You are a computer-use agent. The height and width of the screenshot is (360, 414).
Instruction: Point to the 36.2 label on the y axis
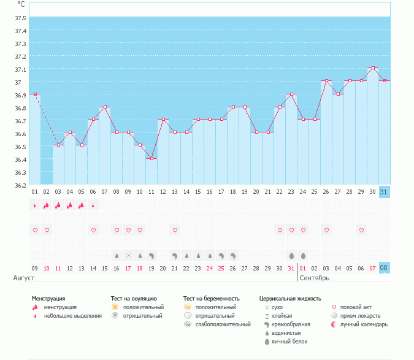[x=20, y=185]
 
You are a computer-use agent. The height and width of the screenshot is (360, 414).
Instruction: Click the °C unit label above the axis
[x=21, y=4]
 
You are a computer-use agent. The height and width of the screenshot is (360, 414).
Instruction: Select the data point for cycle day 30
[x=373, y=68]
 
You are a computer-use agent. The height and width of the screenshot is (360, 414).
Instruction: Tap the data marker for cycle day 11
[x=151, y=158]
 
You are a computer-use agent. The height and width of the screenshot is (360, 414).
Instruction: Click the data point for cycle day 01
[x=35, y=94]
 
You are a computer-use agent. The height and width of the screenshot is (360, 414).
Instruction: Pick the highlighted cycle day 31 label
[x=385, y=192]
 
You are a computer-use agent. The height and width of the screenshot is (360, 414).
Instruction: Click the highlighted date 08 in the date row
[x=385, y=268]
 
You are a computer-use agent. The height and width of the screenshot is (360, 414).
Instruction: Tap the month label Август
[x=24, y=278]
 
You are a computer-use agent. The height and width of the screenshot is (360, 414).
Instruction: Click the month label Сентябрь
[x=315, y=278]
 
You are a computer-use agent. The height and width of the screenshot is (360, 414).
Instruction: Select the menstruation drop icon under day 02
[x=47, y=205]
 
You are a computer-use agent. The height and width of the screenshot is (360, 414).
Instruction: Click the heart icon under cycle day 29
[x=361, y=230]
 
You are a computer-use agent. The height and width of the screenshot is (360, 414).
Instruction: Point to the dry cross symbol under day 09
[x=128, y=255]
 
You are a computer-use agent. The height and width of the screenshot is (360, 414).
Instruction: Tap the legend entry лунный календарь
[x=361, y=324]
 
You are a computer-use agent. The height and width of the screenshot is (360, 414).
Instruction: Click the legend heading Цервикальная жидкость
[x=290, y=298]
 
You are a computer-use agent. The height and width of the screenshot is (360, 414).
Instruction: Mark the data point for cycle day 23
[x=291, y=94]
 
